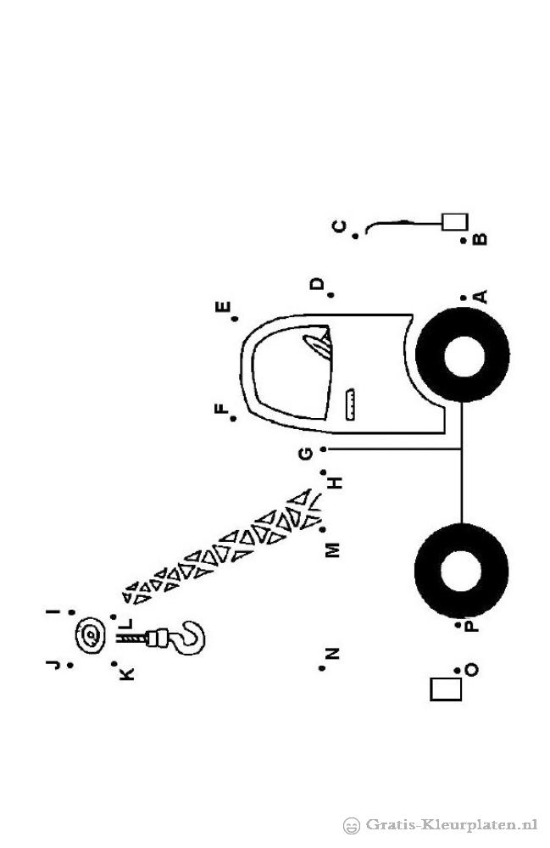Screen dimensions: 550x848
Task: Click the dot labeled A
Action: click(x=464, y=298)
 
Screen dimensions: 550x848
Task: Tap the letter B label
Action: click(x=480, y=238)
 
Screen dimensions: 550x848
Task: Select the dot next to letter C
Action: click(x=355, y=236)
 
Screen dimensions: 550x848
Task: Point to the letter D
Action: click(x=317, y=283)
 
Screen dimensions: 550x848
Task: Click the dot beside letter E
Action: click(x=236, y=319)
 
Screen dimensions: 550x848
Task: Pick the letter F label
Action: click(x=221, y=410)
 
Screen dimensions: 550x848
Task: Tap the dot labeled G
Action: click(x=323, y=449)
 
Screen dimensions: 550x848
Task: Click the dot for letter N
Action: click(x=322, y=668)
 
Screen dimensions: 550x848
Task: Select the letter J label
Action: click(x=53, y=664)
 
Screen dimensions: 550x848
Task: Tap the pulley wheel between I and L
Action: click(x=90, y=635)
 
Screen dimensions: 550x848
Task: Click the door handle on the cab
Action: click(x=350, y=404)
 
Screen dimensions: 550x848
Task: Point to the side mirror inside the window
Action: click(x=319, y=343)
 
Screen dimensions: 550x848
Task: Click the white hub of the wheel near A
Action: click(x=464, y=355)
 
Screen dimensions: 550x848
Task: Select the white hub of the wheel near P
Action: click(x=461, y=572)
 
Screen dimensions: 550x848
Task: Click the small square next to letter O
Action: click(x=446, y=689)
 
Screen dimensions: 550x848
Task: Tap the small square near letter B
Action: click(x=454, y=221)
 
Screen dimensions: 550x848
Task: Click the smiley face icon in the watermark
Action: click(x=352, y=826)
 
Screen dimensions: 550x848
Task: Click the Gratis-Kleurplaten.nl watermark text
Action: click(x=452, y=825)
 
